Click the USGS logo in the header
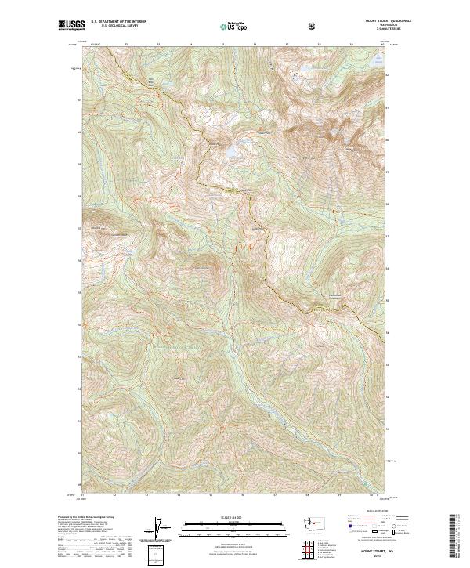pyautogui.click(x=69, y=25)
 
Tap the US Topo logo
pyautogui.click(x=233, y=26)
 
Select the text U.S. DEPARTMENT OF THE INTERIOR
pyautogui.click(x=118, y=22)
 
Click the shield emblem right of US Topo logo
pyautogui.click(x=313, y=26)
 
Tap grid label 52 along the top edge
pyautogui.click(x=127, y=45)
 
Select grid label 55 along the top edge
pyautogui.click(x=222, y=45)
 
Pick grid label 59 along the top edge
pyautogui.click(x=349, y=45)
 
